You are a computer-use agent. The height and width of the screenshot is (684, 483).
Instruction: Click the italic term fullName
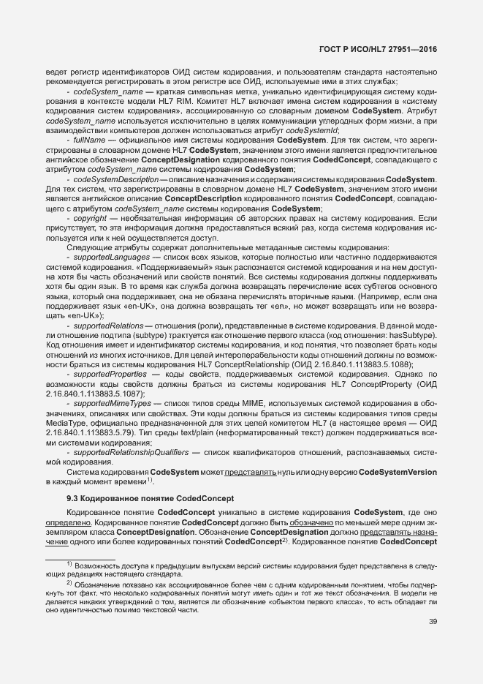(91, 139)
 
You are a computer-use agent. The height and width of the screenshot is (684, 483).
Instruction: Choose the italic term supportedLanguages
(109, 258)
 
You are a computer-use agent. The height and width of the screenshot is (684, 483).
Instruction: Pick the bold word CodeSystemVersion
(395, 473)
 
